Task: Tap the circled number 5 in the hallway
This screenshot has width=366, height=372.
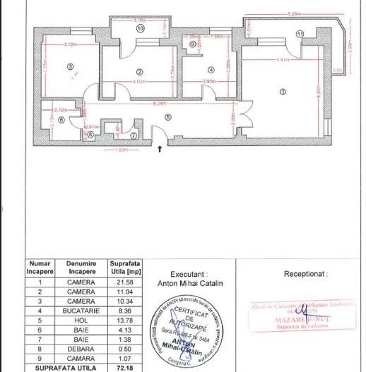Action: tap(167, 117)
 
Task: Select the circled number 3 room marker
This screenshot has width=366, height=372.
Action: tap(70, 67)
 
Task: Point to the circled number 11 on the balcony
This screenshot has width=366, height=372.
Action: tap(300, 33)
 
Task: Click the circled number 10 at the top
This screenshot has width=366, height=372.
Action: tap(141, 29)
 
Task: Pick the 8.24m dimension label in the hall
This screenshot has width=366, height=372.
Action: tap(161, 103)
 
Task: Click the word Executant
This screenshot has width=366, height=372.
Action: tap(188, 274)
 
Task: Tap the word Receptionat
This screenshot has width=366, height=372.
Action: tap(306, 272)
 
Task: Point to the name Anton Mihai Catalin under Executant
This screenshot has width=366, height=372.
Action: tap(188, 283)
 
